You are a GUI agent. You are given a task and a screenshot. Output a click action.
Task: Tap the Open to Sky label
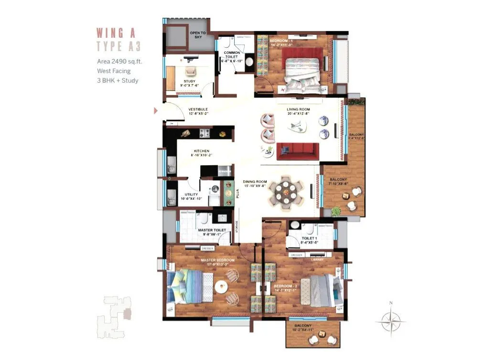[197, 35]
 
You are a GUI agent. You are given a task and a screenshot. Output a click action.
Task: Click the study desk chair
[190, 71]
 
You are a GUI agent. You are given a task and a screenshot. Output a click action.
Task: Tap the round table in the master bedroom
[221, 287]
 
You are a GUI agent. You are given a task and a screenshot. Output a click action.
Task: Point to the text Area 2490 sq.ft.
[119, 61]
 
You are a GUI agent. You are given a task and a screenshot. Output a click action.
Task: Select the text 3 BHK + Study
[118, 80]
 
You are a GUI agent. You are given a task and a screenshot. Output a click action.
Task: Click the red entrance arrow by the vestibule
[155, 111]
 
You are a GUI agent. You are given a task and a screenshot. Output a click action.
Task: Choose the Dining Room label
[255, 184]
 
